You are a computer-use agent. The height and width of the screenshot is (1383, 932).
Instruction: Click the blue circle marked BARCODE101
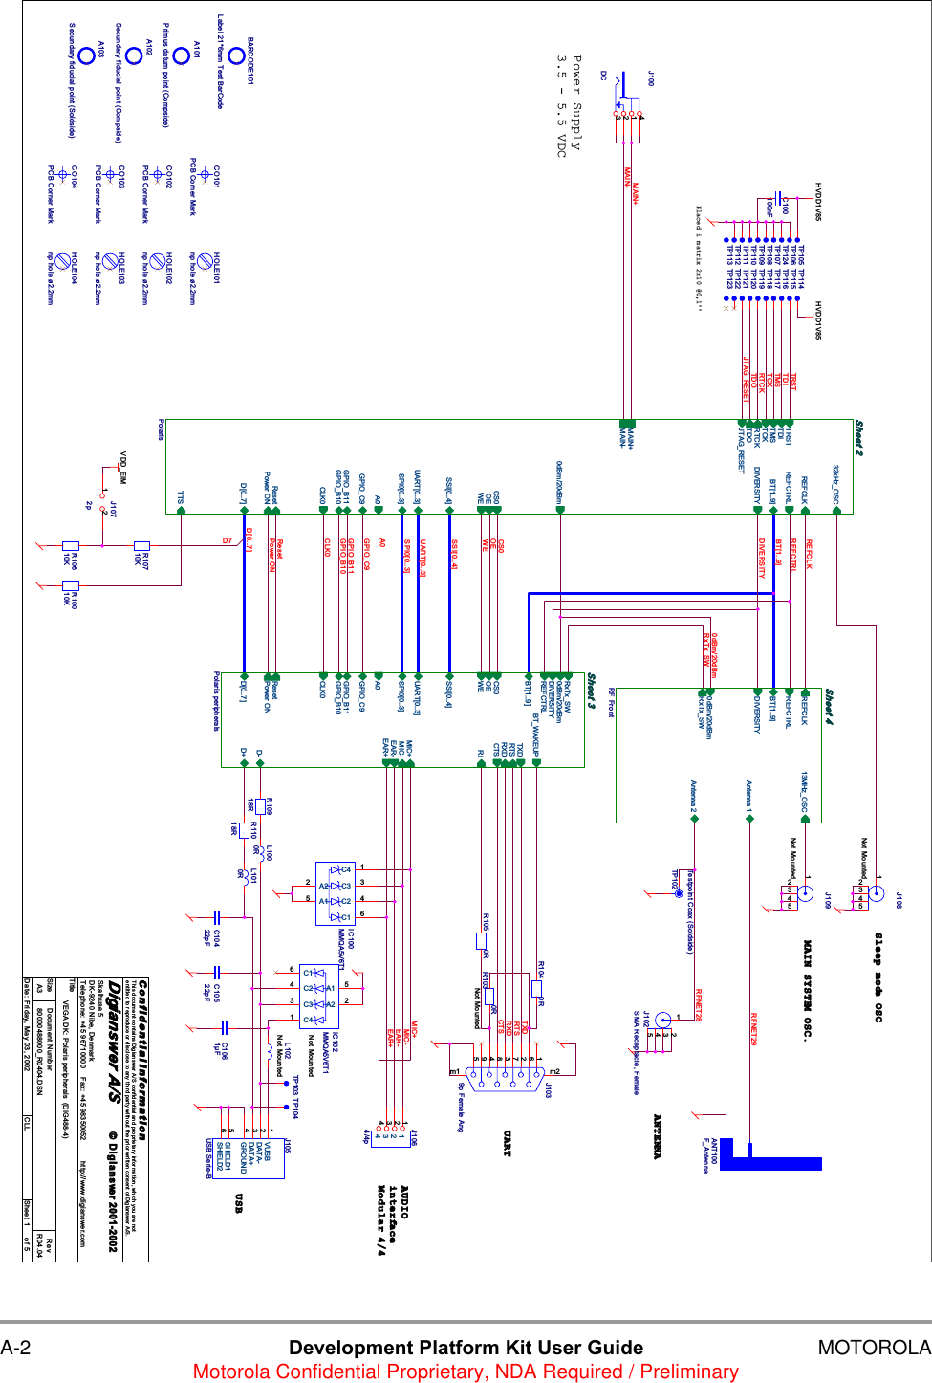(236, 56)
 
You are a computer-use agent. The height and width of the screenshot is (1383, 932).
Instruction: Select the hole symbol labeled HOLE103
(110, 260)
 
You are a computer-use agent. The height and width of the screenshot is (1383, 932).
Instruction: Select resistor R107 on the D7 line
(141, 546)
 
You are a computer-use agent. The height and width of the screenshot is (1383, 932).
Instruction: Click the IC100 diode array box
(336, 893)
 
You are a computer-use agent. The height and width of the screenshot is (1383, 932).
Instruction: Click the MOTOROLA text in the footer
(874, 1348)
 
